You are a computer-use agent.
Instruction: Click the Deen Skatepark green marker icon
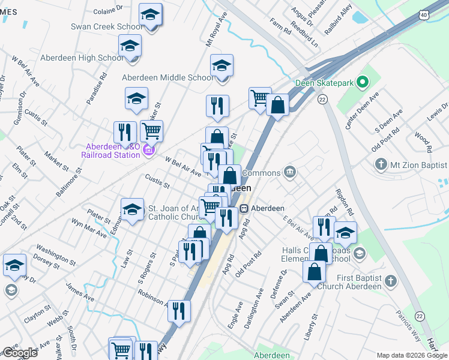[362, 82]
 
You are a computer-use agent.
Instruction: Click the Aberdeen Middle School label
[167, 77]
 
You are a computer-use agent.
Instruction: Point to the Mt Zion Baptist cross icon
[379, 164]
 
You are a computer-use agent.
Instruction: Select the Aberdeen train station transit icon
[244, 208]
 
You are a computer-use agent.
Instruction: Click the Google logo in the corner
[19, 353]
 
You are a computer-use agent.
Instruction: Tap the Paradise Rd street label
[96, 88]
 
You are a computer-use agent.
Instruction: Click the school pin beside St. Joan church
[132, 209]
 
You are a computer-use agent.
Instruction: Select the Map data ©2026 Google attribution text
[412, 355]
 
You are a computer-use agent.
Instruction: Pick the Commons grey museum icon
[290, 172]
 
